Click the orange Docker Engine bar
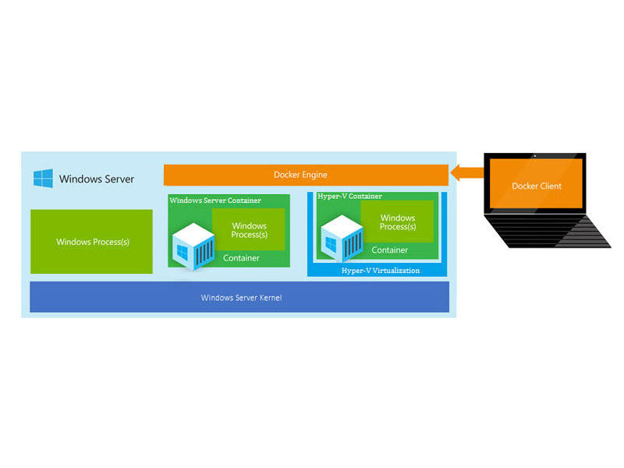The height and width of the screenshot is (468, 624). (x=306, y=175)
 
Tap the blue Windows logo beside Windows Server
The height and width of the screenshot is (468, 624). (x=43, y=178)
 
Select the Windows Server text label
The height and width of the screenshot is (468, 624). (x=97, y=179)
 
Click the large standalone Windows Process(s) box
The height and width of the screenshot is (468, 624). (x=91, y=242)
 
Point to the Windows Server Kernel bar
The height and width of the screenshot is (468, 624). (x=239, y=297)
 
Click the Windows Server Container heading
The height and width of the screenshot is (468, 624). (x=215, y=200)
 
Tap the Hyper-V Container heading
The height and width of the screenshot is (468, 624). (x=349, y=197)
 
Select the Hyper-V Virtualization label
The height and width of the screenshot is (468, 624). (x=381, y=271)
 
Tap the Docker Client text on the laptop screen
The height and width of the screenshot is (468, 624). (x=537, y=186)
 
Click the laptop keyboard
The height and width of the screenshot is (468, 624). (x=548, y=231)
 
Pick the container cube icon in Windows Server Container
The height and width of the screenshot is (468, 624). (x=193, y=246)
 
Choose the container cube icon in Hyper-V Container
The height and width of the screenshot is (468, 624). (x=342, y=239)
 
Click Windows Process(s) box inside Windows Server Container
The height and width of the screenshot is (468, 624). (x=249, y=229)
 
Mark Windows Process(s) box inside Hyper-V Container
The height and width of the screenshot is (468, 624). (x=397, y=222)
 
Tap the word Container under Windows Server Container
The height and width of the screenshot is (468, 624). (x=241, y=258)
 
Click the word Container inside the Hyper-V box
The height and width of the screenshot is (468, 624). (x=389, y=250)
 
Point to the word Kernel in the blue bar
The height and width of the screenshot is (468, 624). (x=271, y=298)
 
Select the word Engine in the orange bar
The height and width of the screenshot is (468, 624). (x=314, y=175)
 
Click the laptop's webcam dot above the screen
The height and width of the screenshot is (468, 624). (x=535, y=155)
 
